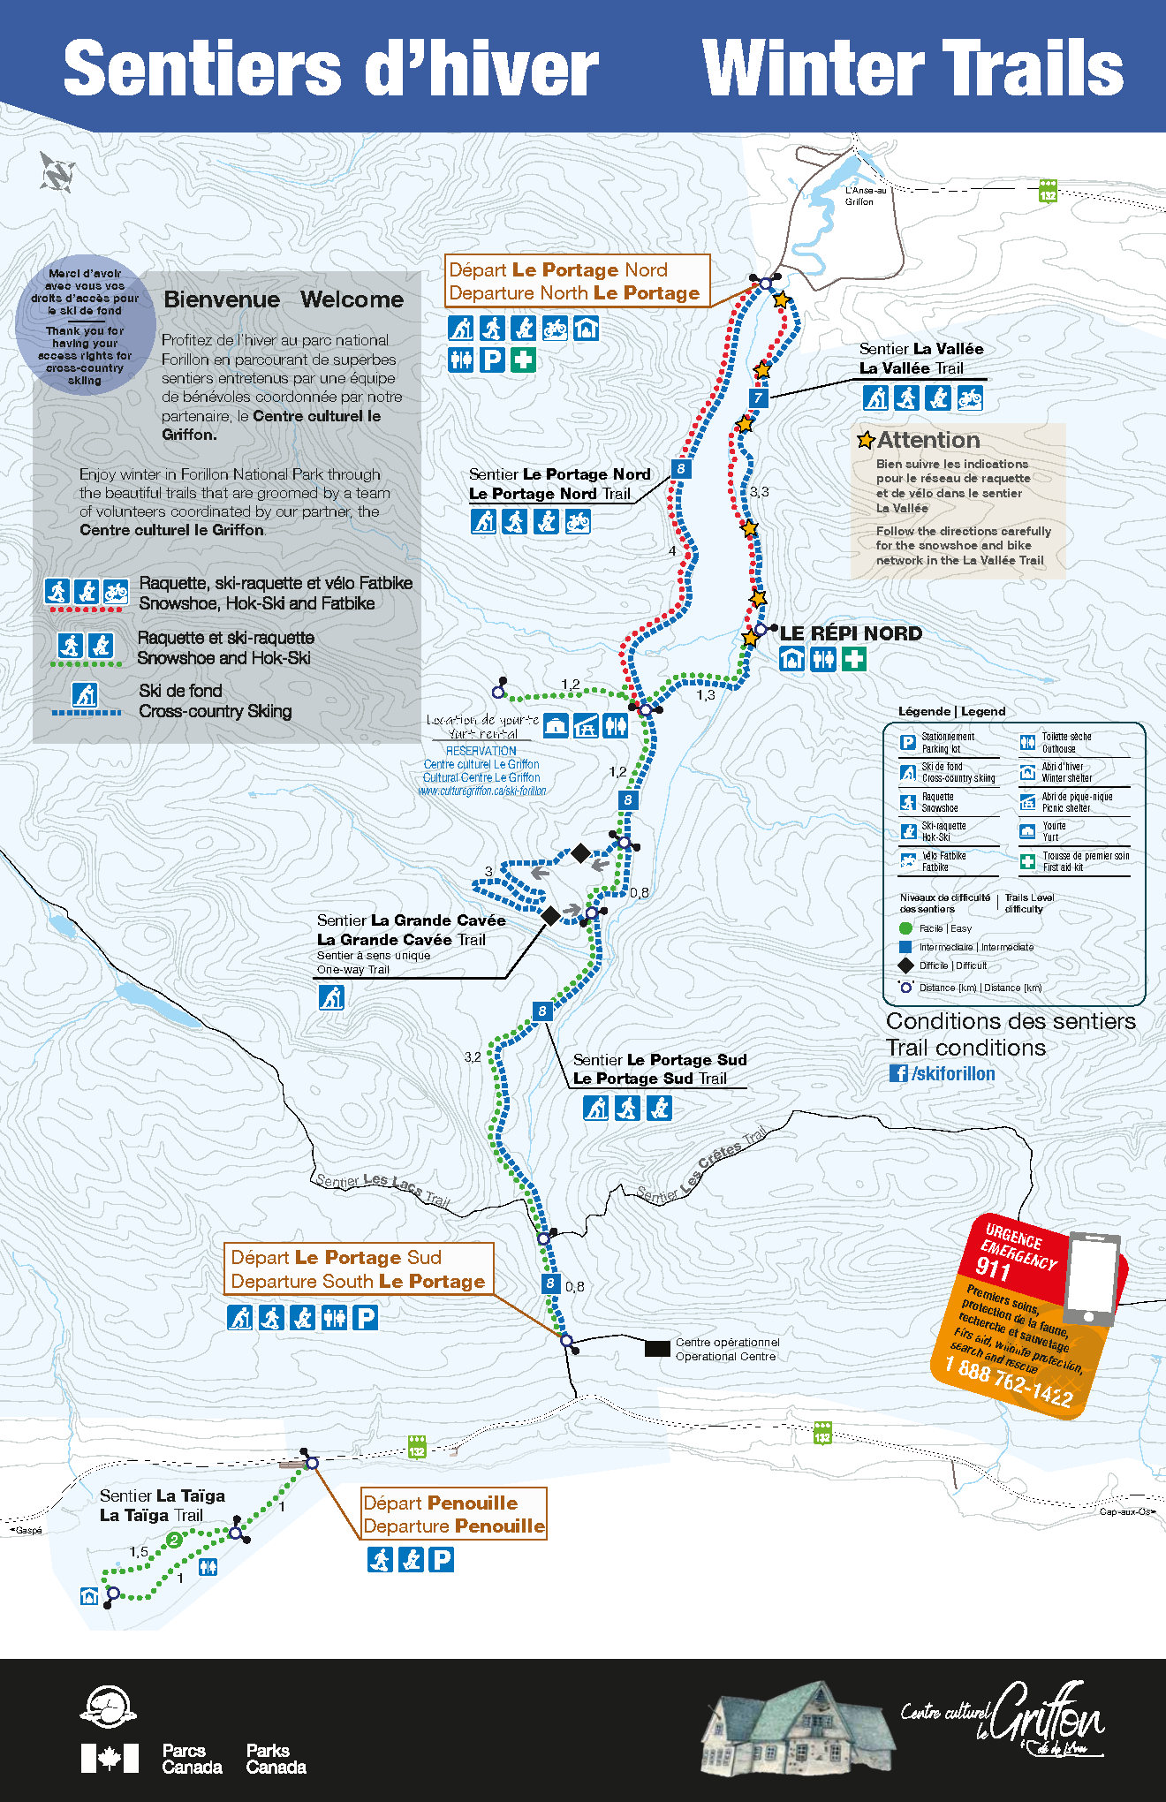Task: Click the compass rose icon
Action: click(x=57, y=171)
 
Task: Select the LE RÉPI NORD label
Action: click(x=851, y=633)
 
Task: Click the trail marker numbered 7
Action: click(x=758, y=397)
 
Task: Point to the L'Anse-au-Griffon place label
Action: click(x=864, y=195)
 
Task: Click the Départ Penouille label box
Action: click(x=454, y=1514)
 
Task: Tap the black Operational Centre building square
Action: click(x=656, y=1348)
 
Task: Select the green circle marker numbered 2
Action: click(x=174, y=1540)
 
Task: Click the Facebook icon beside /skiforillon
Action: click(x=898, y=1073)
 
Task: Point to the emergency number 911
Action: click(x=992, y=1268)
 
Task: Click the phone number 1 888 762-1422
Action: click(x=1008, y=1381)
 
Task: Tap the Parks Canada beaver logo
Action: click(x=108, y=1706)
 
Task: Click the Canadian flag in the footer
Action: click(x=110, y=1758)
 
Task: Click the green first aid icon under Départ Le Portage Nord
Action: click(x=523, y=360)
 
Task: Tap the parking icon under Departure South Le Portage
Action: click(x=365, y=1318)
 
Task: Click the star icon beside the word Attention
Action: click(x=866, y=439)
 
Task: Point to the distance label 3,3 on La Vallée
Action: click(x=759, y=492)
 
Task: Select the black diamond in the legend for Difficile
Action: click(x=905, y=965)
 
